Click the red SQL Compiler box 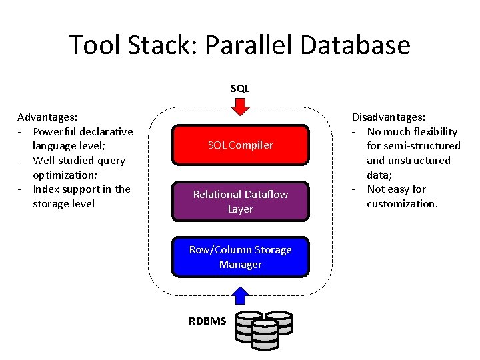coord(241,145)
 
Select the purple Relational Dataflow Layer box coord(241,201)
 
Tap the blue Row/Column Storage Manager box coord(241,257)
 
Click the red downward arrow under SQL coord(241,107)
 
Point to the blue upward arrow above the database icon coord(240,295)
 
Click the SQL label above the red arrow coord(240,89)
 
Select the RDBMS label coord(207,321)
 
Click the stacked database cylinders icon coord(264,330)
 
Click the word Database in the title coord(355,45)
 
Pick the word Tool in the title coord(94,45)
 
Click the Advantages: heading coord(47,117)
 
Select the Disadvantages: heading coord(389,117)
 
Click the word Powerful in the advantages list coord(55,131)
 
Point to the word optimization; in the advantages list coord(65,175)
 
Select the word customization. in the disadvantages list coord(402,204)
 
